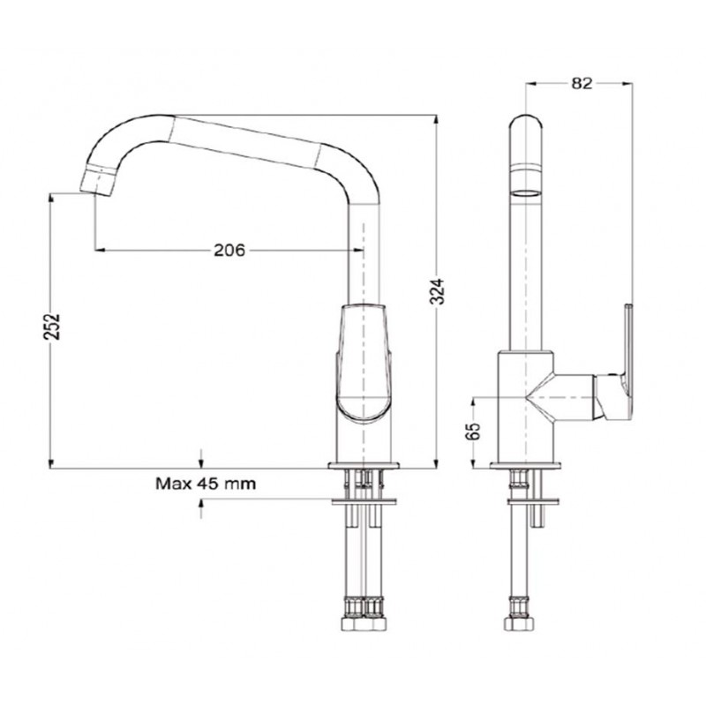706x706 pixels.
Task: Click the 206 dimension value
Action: click(x=229, y=250)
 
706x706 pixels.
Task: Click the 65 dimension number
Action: click(x=473, y=432)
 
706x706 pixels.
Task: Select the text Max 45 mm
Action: click(x=206, y=484)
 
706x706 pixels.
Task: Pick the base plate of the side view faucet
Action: click(x=525, y=466)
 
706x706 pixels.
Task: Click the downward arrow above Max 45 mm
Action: click(x=204, y=458)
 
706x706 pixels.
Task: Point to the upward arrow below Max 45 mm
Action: click(x=204, y=507)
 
